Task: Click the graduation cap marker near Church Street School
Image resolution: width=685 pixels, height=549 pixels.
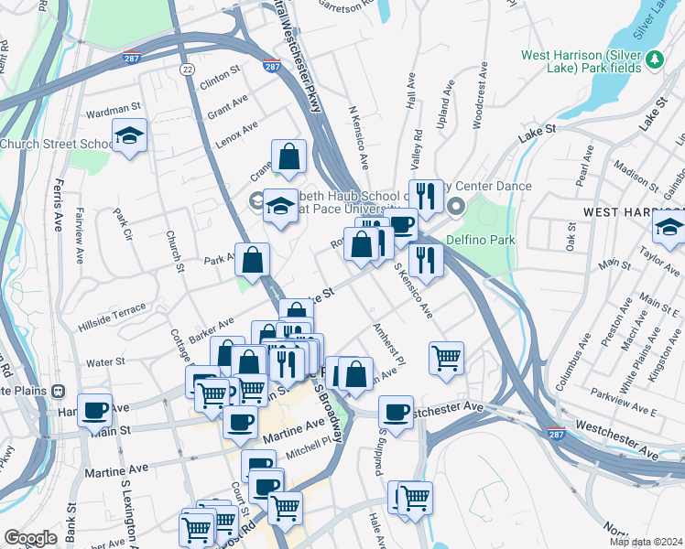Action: coord(130,137)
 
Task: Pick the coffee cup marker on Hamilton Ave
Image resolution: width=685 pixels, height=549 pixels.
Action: coord(94,409)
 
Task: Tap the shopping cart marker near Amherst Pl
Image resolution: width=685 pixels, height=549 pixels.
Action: coord(446,357)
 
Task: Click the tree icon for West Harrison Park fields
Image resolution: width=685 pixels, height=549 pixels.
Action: coord(654,59)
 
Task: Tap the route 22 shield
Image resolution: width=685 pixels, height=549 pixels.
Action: coord(187,69)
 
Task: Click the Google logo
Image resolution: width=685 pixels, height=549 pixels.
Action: coord(30,538)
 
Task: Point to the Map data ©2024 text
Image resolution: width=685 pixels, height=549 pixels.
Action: coord(646,542)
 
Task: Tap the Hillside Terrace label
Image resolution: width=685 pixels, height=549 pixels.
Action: coord(112,311)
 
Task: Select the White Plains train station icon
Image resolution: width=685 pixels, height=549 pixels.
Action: coord(59,390)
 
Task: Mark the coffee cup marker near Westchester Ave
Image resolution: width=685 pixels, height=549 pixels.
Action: coord(396,411)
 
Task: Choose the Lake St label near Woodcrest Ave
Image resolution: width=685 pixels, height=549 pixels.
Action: coord(538,135)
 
